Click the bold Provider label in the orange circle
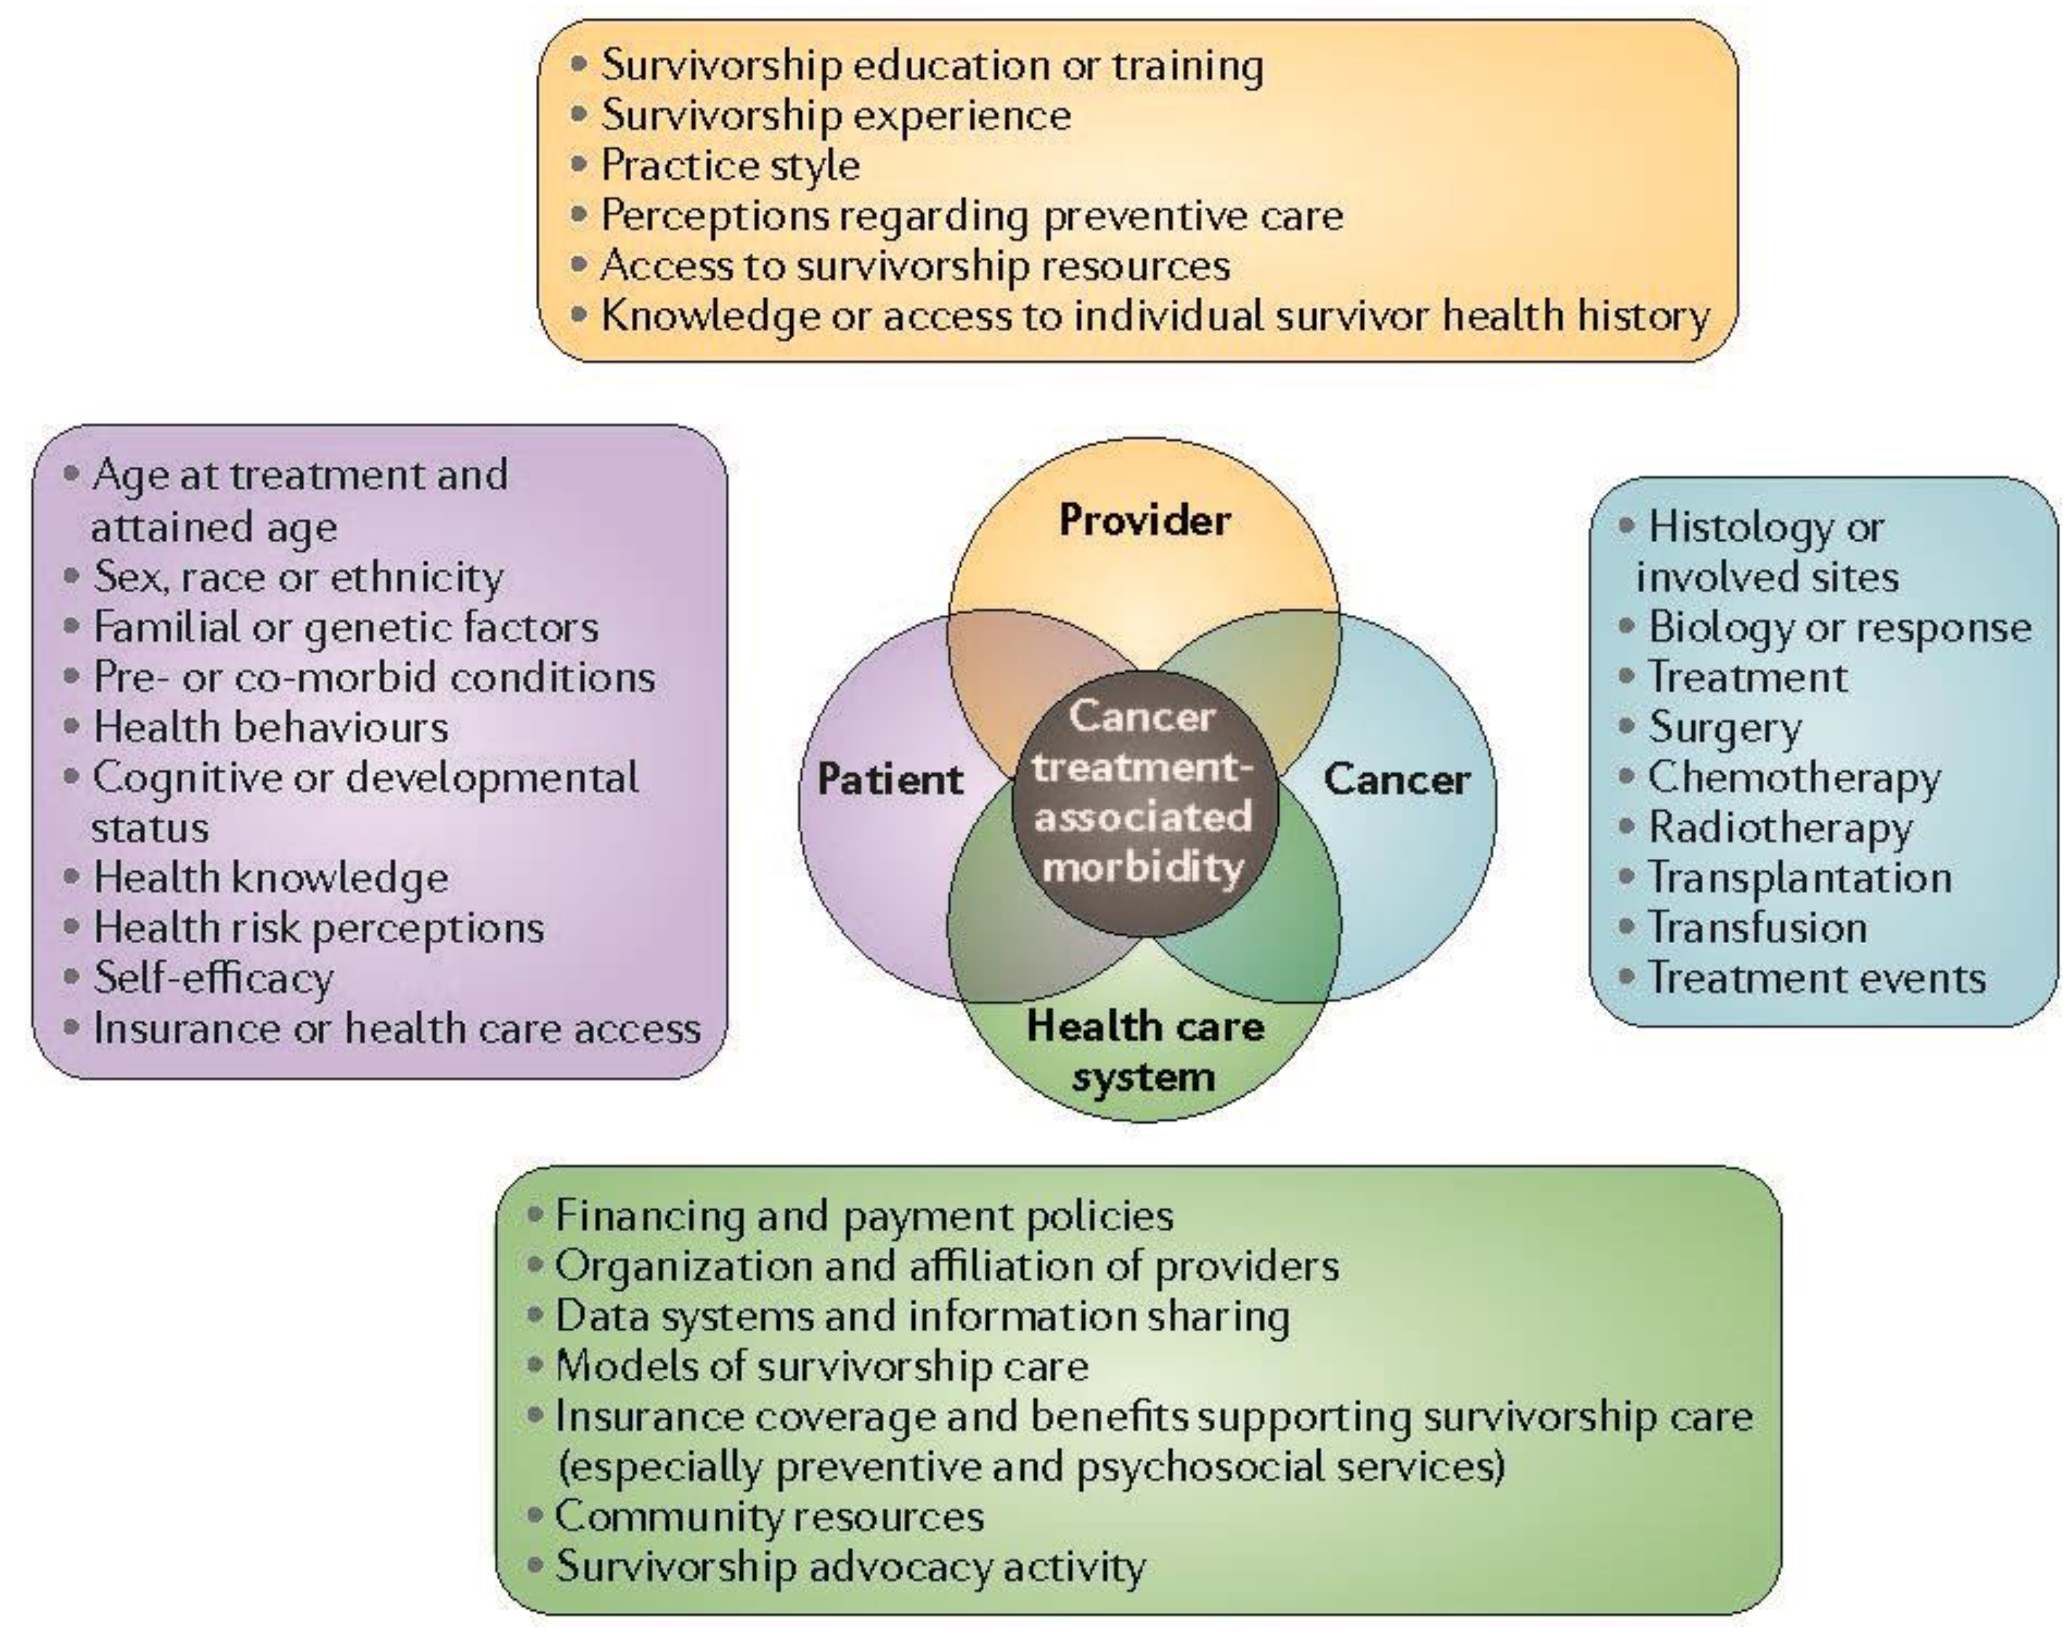click(1144, 520)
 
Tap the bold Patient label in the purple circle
click(890, 779)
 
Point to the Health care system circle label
click(1144, 1051)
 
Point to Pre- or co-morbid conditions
click(373, 678)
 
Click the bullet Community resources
click(769, 1516)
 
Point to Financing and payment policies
click(864, 1216)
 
